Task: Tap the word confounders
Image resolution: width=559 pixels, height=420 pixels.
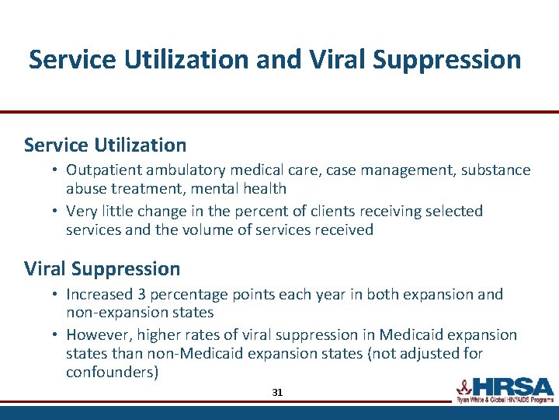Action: tap(112, 372)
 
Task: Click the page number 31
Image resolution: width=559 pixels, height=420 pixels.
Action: tap(277, 393)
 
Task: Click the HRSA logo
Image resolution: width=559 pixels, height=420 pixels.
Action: tap(504, 389)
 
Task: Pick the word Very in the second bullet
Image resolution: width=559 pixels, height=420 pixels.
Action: tap(82, 211)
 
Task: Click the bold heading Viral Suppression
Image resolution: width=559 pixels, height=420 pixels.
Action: tap(102, 269)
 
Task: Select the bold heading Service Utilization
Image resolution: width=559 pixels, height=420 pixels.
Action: tap(105, 145)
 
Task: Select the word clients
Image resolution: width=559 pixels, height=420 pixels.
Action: tap(337, 211)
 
